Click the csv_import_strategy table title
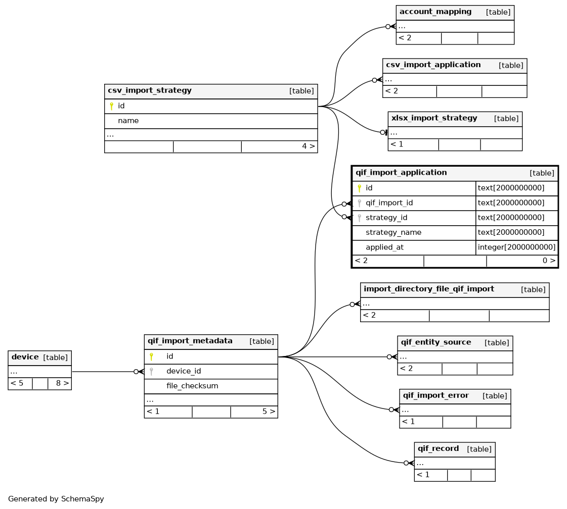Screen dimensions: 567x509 pos(150,90)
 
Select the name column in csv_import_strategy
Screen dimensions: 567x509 pos(128,121)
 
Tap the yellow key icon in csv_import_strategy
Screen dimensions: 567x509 pos(111,106)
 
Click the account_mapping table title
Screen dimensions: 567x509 pos(435,12)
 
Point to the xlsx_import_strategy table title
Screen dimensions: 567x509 pos(434,118)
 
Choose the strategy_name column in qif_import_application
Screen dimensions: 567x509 pos(394,232)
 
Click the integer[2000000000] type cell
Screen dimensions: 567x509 pos(516,247)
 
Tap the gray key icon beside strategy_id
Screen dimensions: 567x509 pos(359,218)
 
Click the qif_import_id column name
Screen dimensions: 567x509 pos(389,203)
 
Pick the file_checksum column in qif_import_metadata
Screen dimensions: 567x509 pos(192,386)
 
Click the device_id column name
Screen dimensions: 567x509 pos(183,371)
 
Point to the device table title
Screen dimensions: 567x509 pos(25,357)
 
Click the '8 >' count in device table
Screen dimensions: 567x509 pos(62,383)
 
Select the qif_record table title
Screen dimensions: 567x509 pos(438,449)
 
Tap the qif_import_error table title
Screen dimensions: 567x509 pos(435,395)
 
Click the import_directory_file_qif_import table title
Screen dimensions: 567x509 pos(428,289)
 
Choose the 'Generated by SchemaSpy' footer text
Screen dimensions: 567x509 pos(56,499)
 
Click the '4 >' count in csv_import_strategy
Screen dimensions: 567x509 pos(309,146)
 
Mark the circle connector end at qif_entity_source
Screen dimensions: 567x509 pos(389,357)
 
